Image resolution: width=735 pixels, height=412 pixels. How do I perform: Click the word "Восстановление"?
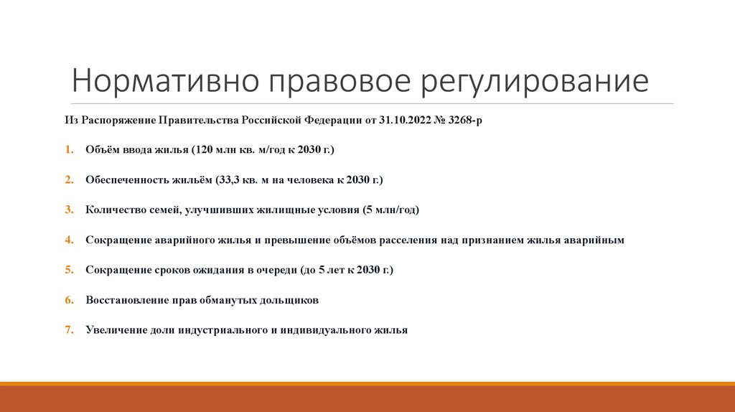123,300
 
